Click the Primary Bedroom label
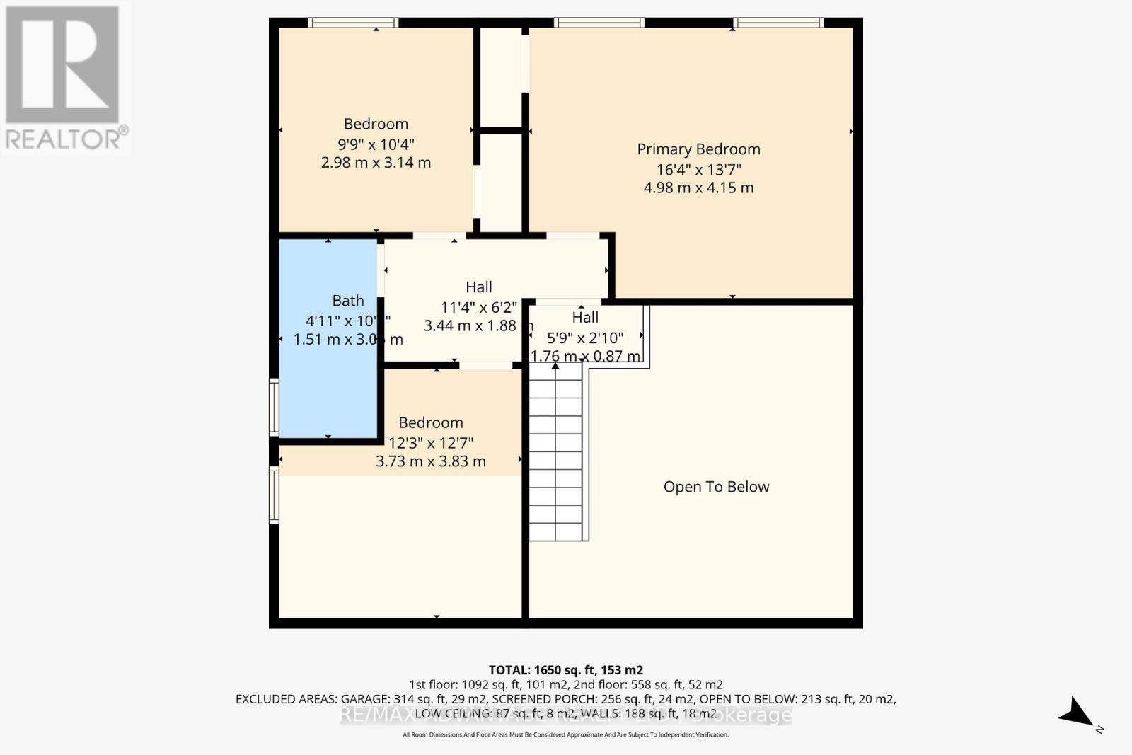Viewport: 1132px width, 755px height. (x=698, y=149)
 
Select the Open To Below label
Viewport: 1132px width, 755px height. (x=716, y=487)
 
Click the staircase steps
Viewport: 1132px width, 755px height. (x=556, y=453)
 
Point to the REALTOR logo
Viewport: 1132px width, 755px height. (x=64, y=78)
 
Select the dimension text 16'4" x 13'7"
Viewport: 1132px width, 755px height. (x=698, y=169)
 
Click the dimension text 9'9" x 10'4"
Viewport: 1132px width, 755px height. (x=376, y=144)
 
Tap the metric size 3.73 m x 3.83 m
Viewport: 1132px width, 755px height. (x=430, y=461)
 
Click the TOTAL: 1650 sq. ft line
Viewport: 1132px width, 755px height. (x=565, y=669)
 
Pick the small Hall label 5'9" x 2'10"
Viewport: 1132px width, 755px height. (x=585, y=328)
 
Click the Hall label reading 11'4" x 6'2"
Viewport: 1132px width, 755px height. (x=479, y=297)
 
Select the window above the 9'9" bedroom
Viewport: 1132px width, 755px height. (x=353, y=23)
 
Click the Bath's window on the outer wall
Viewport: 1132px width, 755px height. (x=274, y=406)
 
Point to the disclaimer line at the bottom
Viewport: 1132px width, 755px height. (x=565, y=735)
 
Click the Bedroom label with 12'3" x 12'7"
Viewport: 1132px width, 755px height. (x=430, y=422)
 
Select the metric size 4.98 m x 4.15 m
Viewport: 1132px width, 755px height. (x=698, y=188)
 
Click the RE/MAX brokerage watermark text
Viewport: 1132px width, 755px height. (x=565, y=715)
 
